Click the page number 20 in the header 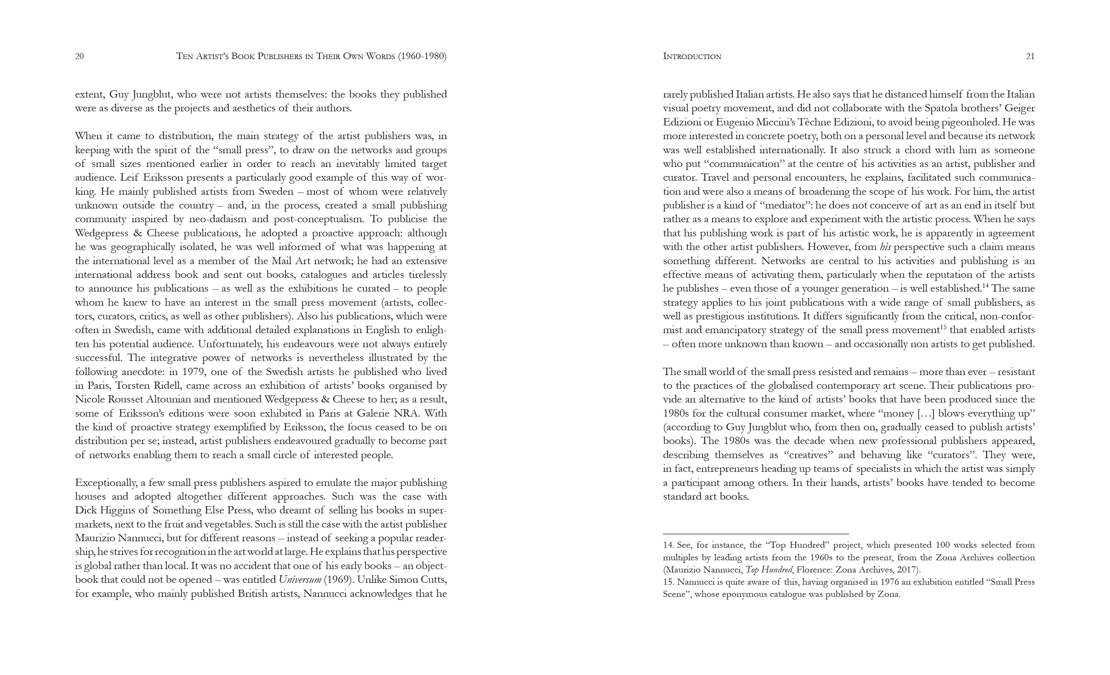click(x=79, y=56)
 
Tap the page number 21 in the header click(x=1030, y=56)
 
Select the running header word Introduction click(x=692, y=56)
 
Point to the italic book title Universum click(x=300, y=579)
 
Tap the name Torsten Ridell click(x=148, y=386)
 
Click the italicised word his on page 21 click(x=885, y=247)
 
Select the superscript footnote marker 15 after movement click(x=943, y=327)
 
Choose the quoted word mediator click(x=783, y=205)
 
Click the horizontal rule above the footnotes click(x=756, y=534)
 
